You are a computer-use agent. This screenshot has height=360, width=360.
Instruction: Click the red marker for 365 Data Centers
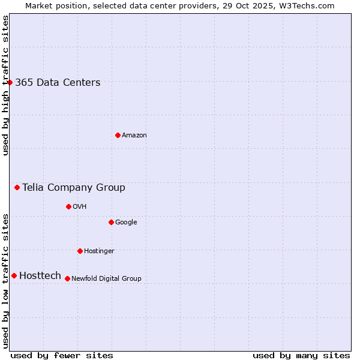(x=10, y=82)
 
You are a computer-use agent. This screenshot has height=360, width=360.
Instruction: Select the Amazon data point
(x=118, y=135)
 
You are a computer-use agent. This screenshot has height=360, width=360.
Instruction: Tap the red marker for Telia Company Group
(x=17, y=187)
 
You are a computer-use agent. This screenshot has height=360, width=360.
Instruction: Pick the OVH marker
(x=68, y=206)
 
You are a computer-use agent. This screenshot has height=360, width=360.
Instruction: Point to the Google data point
(x=111, y=222)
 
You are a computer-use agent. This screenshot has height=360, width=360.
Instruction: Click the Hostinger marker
(x=80, y=251)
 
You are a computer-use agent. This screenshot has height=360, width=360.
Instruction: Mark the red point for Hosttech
(x=14, y=275)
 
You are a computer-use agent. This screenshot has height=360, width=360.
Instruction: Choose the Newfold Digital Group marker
(x=67, y=278)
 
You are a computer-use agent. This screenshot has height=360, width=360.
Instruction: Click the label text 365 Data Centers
(x=58, y=83)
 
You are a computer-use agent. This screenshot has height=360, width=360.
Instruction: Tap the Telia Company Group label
(x=74, y=188)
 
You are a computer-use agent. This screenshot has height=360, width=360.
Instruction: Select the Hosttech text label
(x=40, y=276)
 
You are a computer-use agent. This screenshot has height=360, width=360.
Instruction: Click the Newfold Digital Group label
(x=106, y=278)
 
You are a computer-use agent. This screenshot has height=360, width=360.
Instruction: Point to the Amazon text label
(x=134, y=136)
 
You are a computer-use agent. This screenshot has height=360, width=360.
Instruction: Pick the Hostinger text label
(x=99, y=251)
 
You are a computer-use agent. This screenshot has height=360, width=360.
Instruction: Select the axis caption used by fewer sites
(x=62, y=355)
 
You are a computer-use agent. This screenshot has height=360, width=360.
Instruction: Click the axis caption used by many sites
(x=301, y=355)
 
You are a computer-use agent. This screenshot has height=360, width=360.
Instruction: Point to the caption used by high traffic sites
(x=5, y=85)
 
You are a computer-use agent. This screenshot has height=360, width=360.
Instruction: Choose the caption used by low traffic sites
(x=5, y=281)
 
